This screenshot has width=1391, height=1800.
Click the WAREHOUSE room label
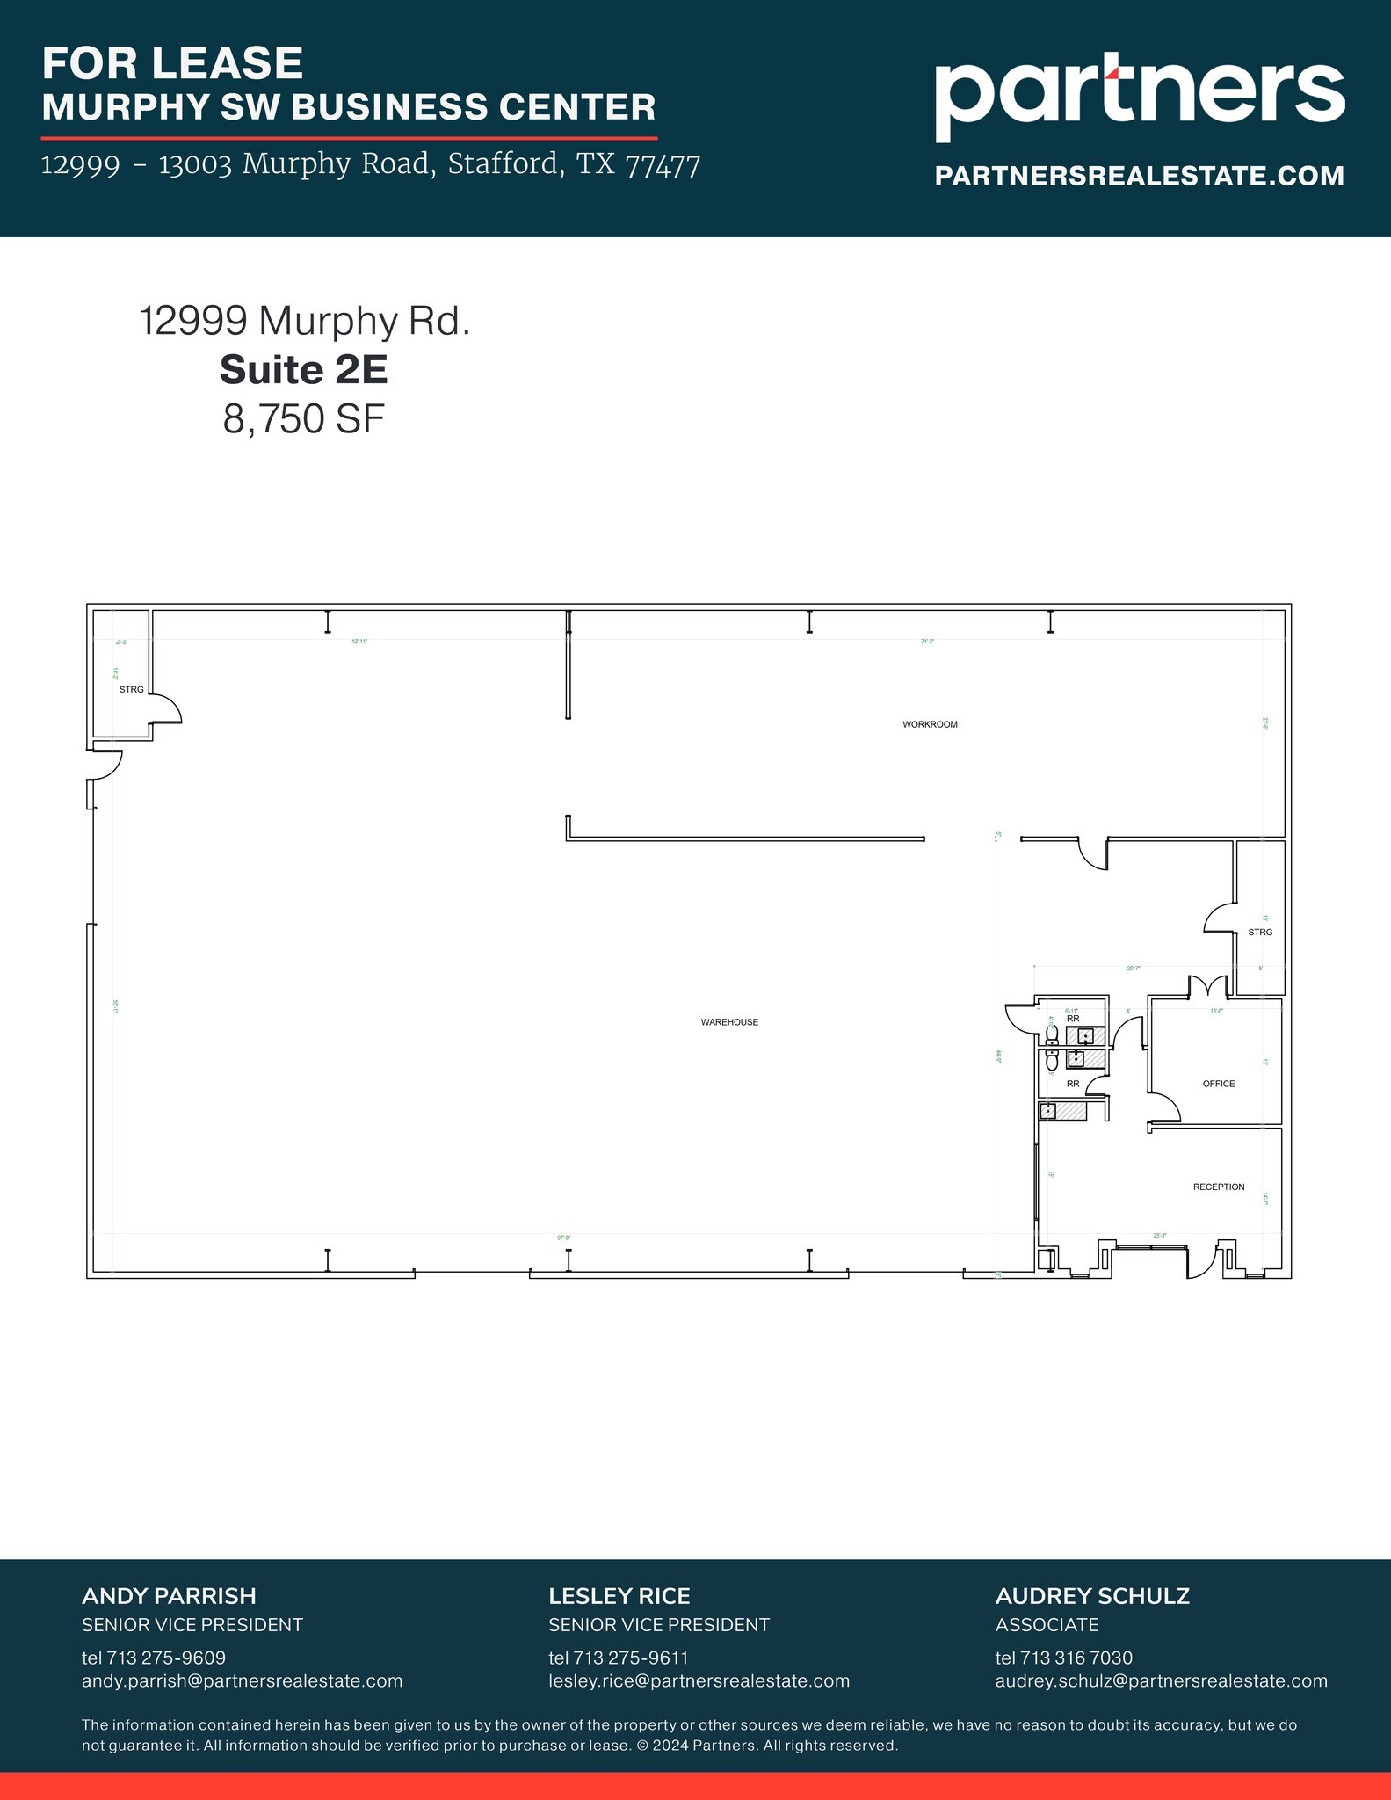pyautogui.click(x=729, y=1022)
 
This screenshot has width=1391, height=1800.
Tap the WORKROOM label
pyautogui.click(x=930, y=724)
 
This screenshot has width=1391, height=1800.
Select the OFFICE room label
pyautogui.click(x=1219, y=1084)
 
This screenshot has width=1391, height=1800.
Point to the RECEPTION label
pyautogui.click(x=1219, y=1187)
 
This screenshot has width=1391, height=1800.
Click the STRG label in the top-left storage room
pyautogui.click(x=132, y=689)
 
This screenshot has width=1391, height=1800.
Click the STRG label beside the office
pyautogui.click(x=1260, y=932)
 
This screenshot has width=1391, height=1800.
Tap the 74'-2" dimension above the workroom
pyautogui.click(x=927, y=642)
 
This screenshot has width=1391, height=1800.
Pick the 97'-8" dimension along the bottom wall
pyautogui.click(x=564, y=1237)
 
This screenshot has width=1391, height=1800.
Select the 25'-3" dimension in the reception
pyautogui.click(x=1160, y=1236)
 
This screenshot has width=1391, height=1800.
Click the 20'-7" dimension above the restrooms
pyautogui.click(x=1134, y=969)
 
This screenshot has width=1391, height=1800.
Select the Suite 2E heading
pyautogui.click(x=304, y=369)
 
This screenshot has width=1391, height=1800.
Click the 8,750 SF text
pyautogui.click(x=304, y=419)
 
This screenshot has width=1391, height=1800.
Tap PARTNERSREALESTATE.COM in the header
pyautogui.click(x=1139, y=175)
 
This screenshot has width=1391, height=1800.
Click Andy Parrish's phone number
pyautogui.click(x=154, y=1658)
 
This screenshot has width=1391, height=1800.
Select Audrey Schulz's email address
pyautogui.click(x=1161, y=1680)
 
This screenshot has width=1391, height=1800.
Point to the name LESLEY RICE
pyautogui.click(x=619, y=1596)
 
